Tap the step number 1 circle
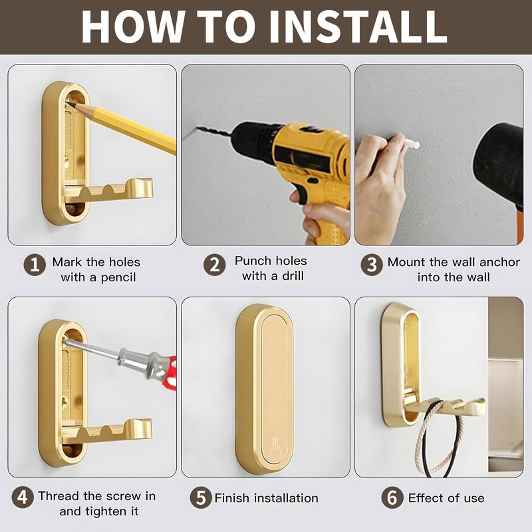click(35, 265)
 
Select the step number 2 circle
click(214, 265)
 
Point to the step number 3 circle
click(372, 265)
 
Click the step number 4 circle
click(23, 497)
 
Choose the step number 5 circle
click(201, 497)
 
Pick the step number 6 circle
click(392, 497)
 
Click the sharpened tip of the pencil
click(66, 102)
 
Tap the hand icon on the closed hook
click(276, 446)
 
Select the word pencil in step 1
click(118, 278)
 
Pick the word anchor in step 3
click(499, 262)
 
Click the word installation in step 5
click(287, 498)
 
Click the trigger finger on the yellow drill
click(298, 196)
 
